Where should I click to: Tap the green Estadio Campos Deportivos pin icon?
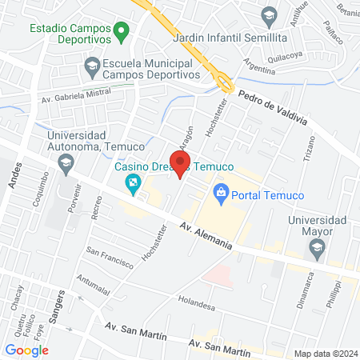pyautogui.click(x=122, y=33)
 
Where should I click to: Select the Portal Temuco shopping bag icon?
pyautogui.click(x=221, y=193)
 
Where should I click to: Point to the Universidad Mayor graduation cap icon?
pyautogui.click(x=318, y=249)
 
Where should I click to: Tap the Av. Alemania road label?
pyautogui.click(x=206, y=236)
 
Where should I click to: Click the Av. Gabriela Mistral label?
pyautogui.click(x=76, y=97)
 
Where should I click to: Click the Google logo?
pyautogui.click(x=27, y=350)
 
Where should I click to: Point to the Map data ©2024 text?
pyautogui.click(x=325, y=354)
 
